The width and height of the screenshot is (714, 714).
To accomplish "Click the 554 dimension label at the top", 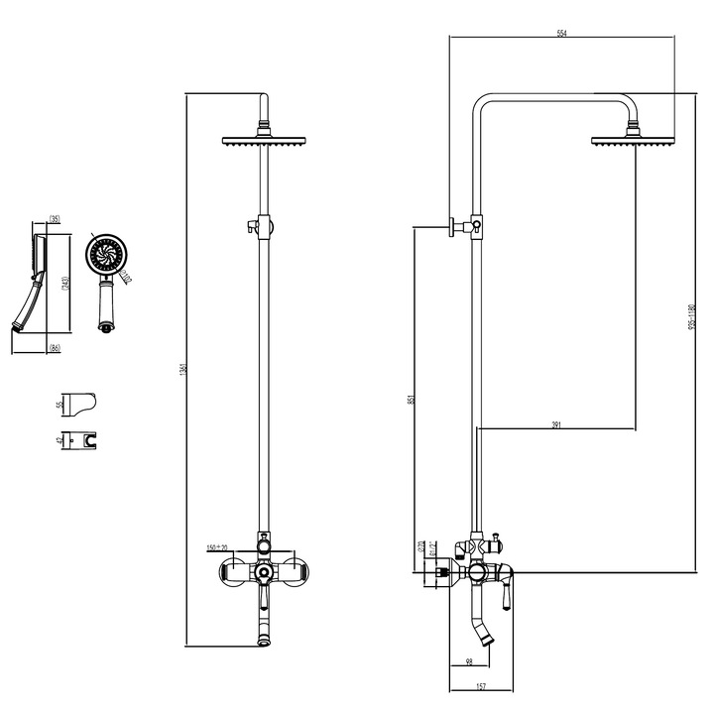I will coord(562,34).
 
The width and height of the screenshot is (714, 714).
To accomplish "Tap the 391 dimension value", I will coord(556,424).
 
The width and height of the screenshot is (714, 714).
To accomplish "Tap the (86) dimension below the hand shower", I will coord(56,347).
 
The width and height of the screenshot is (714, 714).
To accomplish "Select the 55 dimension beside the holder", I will coord(59,405).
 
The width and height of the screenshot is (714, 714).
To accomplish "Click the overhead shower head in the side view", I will coord(630,141).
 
